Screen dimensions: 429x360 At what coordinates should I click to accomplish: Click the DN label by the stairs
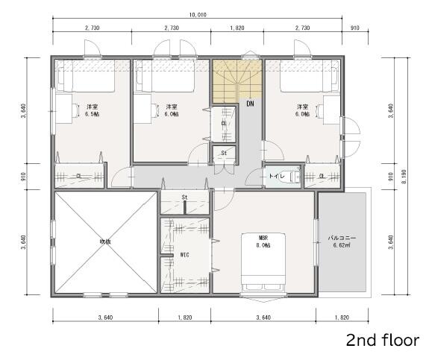(250, 104)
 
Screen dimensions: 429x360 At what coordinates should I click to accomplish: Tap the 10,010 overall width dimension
(198, 15)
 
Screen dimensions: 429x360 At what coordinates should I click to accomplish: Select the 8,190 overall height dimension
(404, 177)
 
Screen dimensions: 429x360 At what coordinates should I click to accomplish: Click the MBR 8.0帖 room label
(263, 241)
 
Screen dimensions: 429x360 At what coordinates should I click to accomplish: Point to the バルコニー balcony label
(342, 238)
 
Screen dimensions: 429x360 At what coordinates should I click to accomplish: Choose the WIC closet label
(185, 255)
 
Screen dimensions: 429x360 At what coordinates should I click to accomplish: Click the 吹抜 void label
(105, 241)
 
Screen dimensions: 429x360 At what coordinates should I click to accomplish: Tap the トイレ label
(277, 176)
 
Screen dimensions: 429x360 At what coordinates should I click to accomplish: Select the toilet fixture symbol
(294, 177)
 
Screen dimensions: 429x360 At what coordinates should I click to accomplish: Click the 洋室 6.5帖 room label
(92, 110)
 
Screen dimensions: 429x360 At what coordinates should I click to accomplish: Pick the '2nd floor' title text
(383, 341)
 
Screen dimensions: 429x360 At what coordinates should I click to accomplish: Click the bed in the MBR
(263, 262)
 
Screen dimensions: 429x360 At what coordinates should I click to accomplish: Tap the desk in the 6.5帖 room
(64, 109)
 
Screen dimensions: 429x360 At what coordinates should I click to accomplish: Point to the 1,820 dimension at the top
(237, 28)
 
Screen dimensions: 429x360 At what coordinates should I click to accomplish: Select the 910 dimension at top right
(355, 28)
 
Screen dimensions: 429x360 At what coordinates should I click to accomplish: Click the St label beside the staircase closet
(224, 153)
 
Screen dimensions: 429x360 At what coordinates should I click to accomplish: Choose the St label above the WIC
(184, 198)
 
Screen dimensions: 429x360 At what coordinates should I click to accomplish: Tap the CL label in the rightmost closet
(322, 177)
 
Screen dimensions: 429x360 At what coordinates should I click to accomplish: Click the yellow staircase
(237, 81)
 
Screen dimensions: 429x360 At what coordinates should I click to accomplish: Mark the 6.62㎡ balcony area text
(342, 245)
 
